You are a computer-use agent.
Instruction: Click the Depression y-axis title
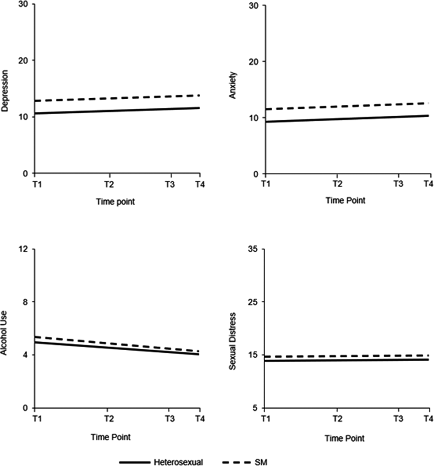coord(5,91)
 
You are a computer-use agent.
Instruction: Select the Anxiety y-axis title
coord(233,85)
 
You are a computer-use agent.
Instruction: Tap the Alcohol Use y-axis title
coord(4,333)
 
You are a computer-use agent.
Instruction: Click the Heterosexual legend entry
coord(178,462)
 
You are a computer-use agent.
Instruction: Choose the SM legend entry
coord(261,462)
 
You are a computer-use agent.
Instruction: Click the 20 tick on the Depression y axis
coord(23,60)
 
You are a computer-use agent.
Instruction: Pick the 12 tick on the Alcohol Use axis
coord(23,249)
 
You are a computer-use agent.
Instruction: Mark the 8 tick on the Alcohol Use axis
coord(25,302)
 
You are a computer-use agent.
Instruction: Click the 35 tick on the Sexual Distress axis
coord(253,249)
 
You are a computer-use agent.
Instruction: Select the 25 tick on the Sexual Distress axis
coord(253,302)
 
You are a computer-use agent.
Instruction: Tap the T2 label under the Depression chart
coord(109,184)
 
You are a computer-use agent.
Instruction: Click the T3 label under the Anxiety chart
coord(398,184)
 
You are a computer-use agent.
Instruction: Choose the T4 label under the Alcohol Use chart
coord(200,419)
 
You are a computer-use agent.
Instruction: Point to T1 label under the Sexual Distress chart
coord(265,419)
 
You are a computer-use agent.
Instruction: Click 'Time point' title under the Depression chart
coord(116,202)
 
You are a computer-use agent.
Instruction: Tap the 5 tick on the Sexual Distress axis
coord(255,408)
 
